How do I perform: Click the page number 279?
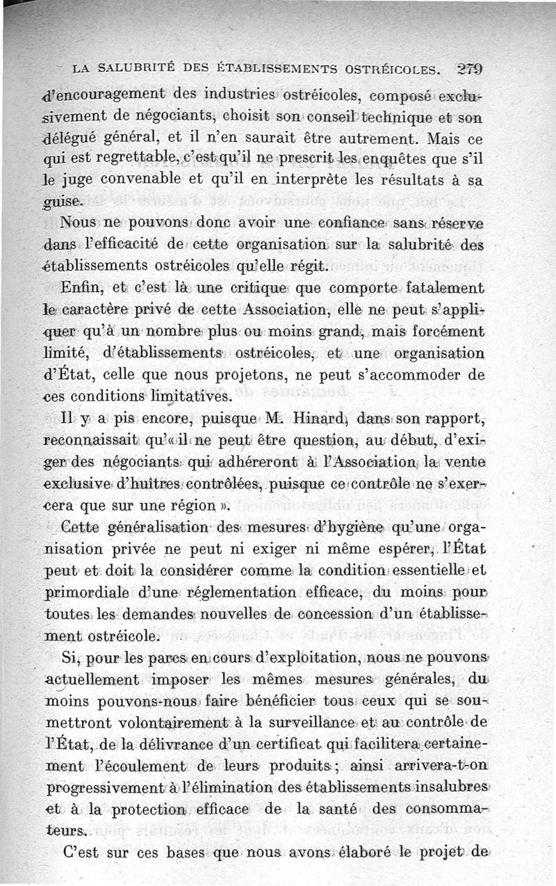[471, 69]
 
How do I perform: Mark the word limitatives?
[186, 396]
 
